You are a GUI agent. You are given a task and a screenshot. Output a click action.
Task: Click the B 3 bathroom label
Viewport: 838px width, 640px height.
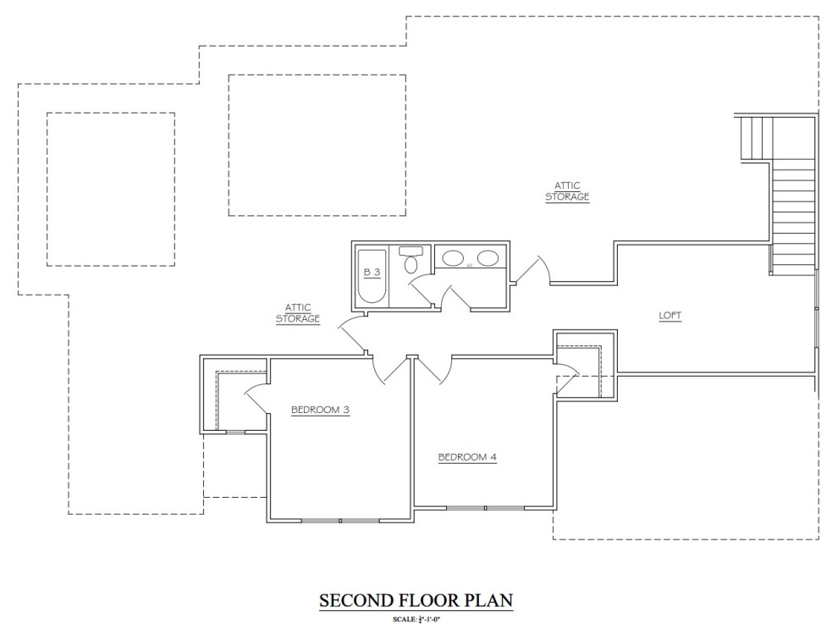(x=372, y=272)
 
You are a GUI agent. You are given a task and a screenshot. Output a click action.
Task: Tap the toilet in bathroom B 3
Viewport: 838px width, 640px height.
(x=411, y=260)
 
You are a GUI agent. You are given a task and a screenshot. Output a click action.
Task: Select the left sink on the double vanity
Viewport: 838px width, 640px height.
(x=453, y=259)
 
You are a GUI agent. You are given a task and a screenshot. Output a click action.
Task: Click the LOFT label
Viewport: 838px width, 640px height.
(x=670, y=316)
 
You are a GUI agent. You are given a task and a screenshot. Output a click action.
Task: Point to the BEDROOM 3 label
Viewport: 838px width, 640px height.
(x=321, y=410)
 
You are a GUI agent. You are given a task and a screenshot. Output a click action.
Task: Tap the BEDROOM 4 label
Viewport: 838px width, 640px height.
(x=467, y=457)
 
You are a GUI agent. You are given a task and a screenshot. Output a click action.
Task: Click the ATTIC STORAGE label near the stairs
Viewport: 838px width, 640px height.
(x=567, y=190)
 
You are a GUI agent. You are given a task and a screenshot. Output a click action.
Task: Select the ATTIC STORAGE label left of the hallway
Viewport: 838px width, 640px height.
(x=298, y=312)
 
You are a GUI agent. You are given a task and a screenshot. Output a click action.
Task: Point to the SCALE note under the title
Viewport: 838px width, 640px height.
(x=416, y=621)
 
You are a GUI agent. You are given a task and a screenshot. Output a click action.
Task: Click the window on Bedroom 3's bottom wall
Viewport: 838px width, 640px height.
(x=339, y=520)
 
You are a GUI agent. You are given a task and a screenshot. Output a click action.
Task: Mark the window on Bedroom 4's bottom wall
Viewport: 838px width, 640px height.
(x=486, y=508)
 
